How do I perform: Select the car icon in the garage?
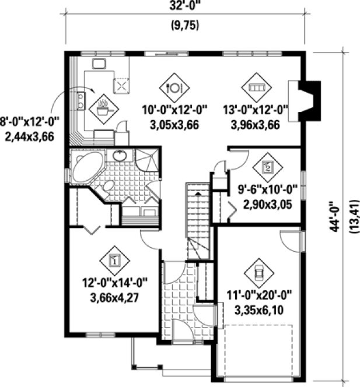(x=258, y=272)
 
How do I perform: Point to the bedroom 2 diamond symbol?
(x=268, y=167)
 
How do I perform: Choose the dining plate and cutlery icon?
(x=174, y=87)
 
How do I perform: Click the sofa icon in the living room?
(x=256, y=87)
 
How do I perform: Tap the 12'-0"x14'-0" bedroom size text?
(x=115, y=284)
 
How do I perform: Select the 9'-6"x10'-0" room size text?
(x=268, y=190)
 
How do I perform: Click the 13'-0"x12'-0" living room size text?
(x=256, y=110)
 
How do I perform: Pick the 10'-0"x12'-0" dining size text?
(x=174, y=110)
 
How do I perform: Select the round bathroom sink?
(x=120, y=156)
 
